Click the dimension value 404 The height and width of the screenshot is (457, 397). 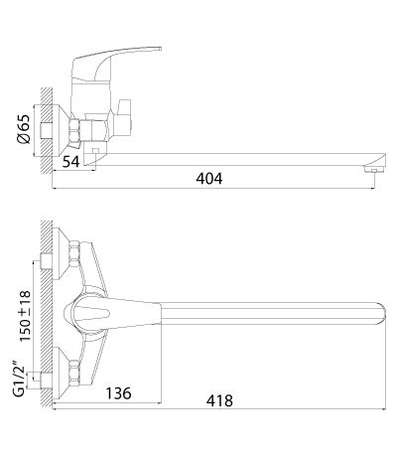[x=209, y=179]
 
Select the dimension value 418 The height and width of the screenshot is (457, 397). [x=219, y=401]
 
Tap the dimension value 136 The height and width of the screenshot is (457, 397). [x=118, y=393]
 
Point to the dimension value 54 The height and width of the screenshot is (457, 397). [x=71, y=162]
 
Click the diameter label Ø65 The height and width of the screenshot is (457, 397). [x=25, y=129]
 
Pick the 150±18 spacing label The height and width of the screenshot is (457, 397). [x=25, y=316]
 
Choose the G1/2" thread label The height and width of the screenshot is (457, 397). [x=20, y=380]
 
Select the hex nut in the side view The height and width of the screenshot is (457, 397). [x=74, y=130]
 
